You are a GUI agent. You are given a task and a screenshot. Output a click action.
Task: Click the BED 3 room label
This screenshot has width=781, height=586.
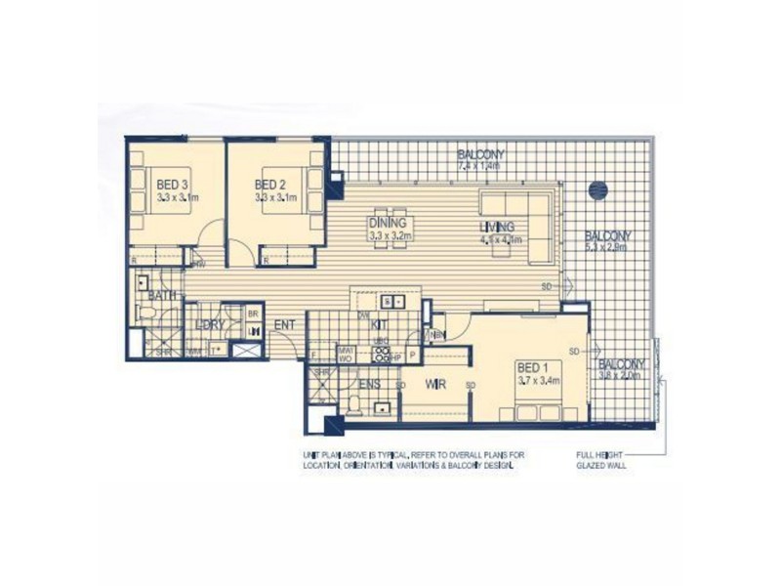pyautogui.click(x=172, y=184)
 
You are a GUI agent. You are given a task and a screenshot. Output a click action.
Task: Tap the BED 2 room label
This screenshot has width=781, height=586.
pyautogui.click(x=269, y=184)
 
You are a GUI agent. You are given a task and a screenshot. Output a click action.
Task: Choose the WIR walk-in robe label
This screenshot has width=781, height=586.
pyautogui.click(x=435, y=385)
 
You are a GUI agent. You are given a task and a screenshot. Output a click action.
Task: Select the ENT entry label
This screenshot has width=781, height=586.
pyautogui.click(x=284, y=324)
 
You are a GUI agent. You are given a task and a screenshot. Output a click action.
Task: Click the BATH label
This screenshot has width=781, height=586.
pyautogui.click(x=161, y=295)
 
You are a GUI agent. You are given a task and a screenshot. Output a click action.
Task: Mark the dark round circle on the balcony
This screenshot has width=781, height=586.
pyautogui.click(x=598, y=189)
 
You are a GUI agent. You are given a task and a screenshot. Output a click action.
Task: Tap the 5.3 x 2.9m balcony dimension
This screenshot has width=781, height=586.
pyautogui.click(x=607, y=247)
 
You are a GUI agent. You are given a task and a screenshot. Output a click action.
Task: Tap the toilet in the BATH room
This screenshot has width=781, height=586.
pyautogui.click(x=147, y=312)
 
